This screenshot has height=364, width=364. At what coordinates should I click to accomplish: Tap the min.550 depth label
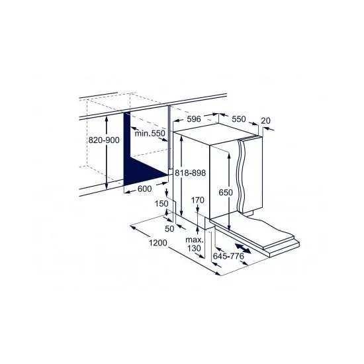pyautogui.click(x=150, y=134)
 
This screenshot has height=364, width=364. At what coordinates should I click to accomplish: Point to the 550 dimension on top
pyautogui.click(x=238, y=120)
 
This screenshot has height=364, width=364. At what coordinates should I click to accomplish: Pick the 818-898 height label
pyautogui.click(x=191, y=171)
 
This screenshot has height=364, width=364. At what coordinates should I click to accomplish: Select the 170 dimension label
pyautogui.click(x=197, y=199)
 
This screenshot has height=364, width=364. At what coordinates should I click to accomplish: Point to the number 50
pyautogui.click(x=169, y=228)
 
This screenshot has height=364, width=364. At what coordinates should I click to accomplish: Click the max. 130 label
pyautogui.click(x=193, y=244)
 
